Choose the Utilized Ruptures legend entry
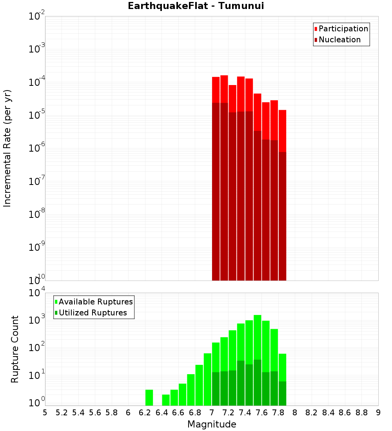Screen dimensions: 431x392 tap(93, 313)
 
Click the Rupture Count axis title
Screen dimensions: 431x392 tap(15, 349)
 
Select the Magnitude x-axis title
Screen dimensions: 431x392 tap(212, 424)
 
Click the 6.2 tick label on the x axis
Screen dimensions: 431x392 tap(145, 413)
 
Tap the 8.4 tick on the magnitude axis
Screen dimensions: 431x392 tap(328, 413)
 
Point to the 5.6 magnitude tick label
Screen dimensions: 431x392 tap(95, 413)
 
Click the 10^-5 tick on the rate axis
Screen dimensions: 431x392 tap(36, 115)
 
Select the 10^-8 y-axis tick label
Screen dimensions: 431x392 tap(36, 214)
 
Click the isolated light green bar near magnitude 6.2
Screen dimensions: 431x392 tap(149, 397)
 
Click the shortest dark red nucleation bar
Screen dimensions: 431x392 tap(282, 215)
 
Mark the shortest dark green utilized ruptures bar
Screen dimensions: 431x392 tap(282, 393)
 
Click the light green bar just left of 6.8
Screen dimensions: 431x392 tap(191, 390)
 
